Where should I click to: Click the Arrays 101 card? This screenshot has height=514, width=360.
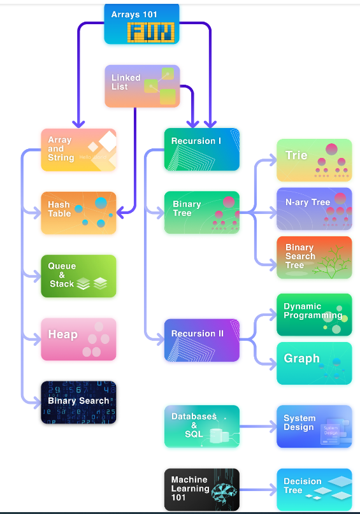pos(141,24)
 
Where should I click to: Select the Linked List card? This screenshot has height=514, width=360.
pos(142,86)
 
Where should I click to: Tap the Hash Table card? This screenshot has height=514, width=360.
pos(78,213)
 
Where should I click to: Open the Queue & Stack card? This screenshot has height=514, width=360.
pos(78,276)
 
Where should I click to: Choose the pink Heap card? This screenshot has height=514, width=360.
pos(78,339)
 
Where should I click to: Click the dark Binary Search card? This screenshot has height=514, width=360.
pos(78,402)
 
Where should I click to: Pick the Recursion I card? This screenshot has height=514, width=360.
pos(202,150)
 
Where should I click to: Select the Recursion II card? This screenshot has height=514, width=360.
pos(202,340)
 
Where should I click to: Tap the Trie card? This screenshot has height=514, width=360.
pos(314,161)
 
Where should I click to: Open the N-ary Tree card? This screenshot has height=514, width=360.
pos(314,209)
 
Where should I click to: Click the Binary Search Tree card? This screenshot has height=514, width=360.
pos(314,258)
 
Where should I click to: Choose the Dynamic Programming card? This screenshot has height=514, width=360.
pos(314,315)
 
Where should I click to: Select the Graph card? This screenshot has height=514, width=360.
pos(314,363)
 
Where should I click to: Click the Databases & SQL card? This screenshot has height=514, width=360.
pos(202,427)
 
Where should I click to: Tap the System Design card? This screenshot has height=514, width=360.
pos(314,427)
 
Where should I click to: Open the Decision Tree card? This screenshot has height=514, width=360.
pos(314,490)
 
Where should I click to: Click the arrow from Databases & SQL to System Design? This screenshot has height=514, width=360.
pos(258,427)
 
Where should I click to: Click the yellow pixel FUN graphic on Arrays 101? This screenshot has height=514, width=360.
pos(151,32)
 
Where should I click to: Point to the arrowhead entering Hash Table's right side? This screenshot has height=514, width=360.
pos(120,213)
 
